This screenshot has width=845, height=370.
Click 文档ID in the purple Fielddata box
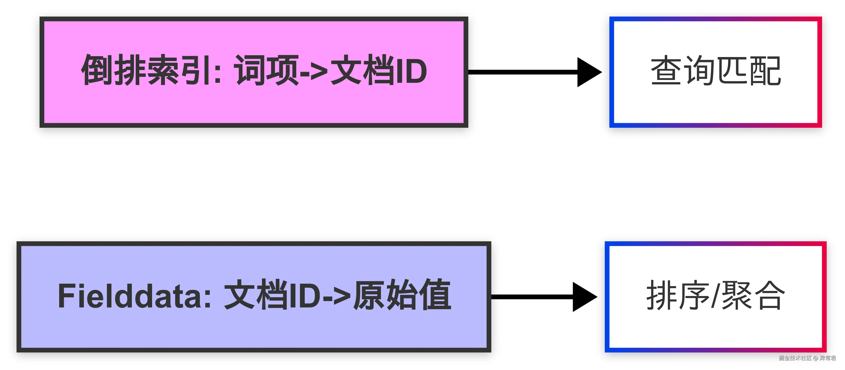(x=272, y=296)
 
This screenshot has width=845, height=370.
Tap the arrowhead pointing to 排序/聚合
(x=584, y=297)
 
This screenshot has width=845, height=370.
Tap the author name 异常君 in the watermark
(x=828, y=358)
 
